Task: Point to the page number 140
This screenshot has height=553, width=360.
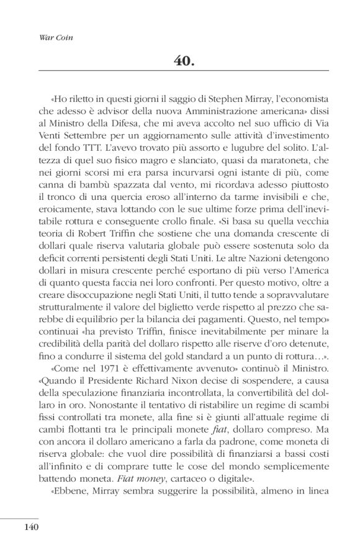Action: point(32,528)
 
